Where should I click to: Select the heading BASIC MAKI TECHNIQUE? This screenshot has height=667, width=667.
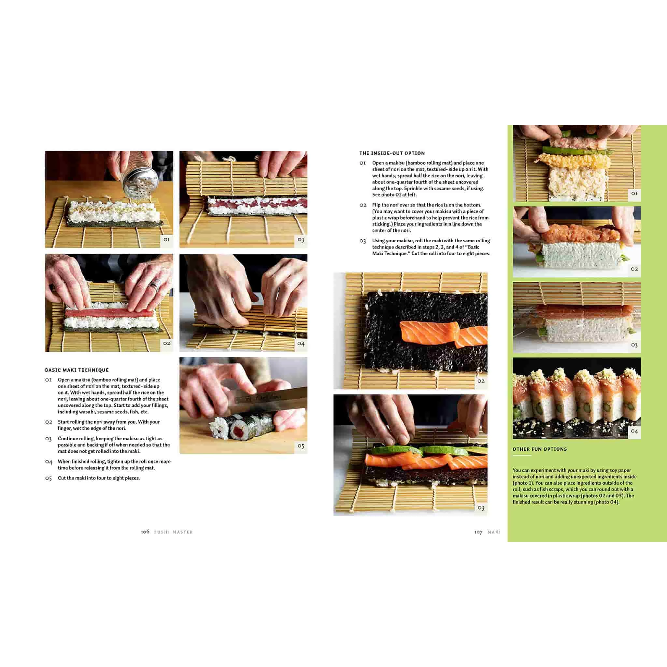(x=77, y=370)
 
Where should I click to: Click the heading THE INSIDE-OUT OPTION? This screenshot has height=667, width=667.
(x=392, y=153)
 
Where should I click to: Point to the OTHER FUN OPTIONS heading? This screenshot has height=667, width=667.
(x=540, y=449)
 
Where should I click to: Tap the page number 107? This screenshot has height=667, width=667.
(x=478, y=532)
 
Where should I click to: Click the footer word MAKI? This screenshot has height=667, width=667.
(x=494, y=532)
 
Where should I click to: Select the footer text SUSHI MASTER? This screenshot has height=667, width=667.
(x=173, y=532)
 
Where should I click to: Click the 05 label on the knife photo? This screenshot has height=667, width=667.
(x=301, y=446)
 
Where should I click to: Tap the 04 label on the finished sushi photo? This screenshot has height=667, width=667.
(x=634, y=431)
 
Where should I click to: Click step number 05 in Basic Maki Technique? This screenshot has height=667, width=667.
(x=48, y=478)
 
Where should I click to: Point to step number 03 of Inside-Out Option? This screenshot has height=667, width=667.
(x=362, y=241)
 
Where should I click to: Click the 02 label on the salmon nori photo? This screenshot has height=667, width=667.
(x=481, y=381)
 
